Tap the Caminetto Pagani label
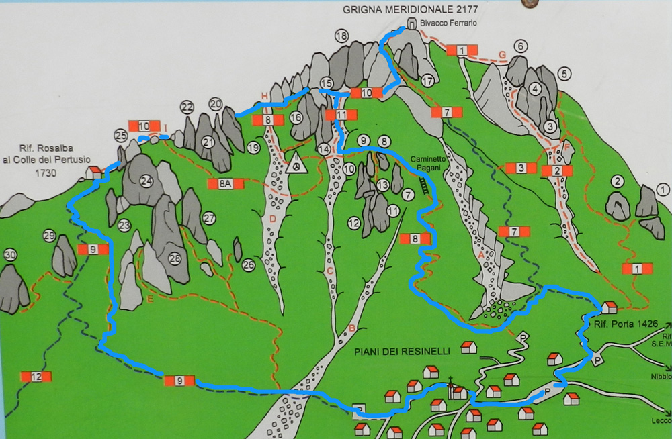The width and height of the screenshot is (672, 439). click(425, 164)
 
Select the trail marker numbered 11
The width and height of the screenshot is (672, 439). click(341, 115)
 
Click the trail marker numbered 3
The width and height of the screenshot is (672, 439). click(519, 168)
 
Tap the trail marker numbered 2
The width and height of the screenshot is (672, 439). click(557, 170)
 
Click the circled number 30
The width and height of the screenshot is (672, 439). click(9, 255)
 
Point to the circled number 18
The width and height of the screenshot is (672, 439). click(341, 36)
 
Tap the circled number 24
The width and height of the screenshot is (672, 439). click(146, 181)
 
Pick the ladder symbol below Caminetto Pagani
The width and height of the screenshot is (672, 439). click(424, 185)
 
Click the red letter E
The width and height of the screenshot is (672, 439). click(150, 299)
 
